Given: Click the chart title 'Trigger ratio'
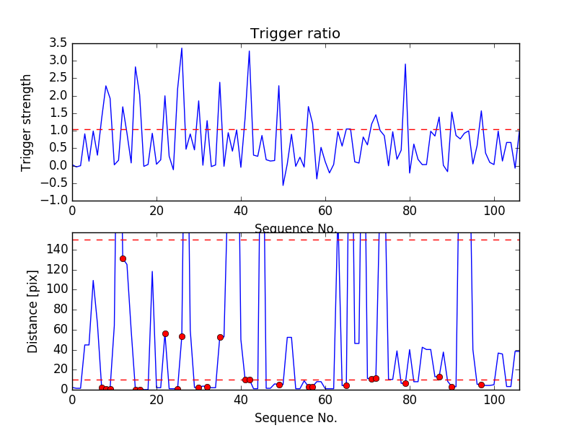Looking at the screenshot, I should click(295, 34).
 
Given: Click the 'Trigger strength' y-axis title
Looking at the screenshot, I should click(27, 122).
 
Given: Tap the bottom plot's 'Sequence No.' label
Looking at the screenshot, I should click(295, 418).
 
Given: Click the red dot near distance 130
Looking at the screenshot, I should click(123, 258).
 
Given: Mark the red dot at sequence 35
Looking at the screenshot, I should click(220, 337).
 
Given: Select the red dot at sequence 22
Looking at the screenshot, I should click(165, 333).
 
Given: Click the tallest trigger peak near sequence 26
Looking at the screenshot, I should click(182, 48).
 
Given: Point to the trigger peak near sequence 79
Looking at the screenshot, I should click(405, 64).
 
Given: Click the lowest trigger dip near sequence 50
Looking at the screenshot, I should click(283, 185).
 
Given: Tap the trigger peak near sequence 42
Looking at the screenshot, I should click(250, 51).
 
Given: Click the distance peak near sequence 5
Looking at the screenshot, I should click(93, 280).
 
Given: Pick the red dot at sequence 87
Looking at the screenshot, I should click(439, 377).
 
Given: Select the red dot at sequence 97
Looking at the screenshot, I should click(481, 385).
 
